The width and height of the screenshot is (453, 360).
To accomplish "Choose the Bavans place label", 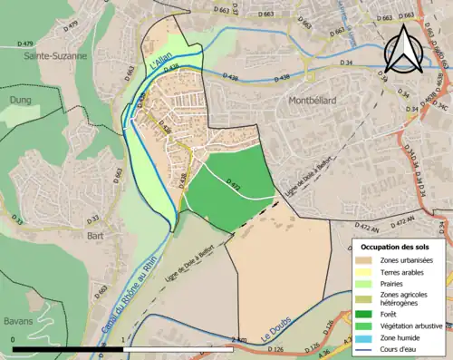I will click(16, 321).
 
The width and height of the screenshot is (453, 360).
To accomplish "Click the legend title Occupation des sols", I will click(395, 247).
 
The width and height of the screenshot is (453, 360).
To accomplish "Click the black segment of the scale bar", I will click(68, 348).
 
